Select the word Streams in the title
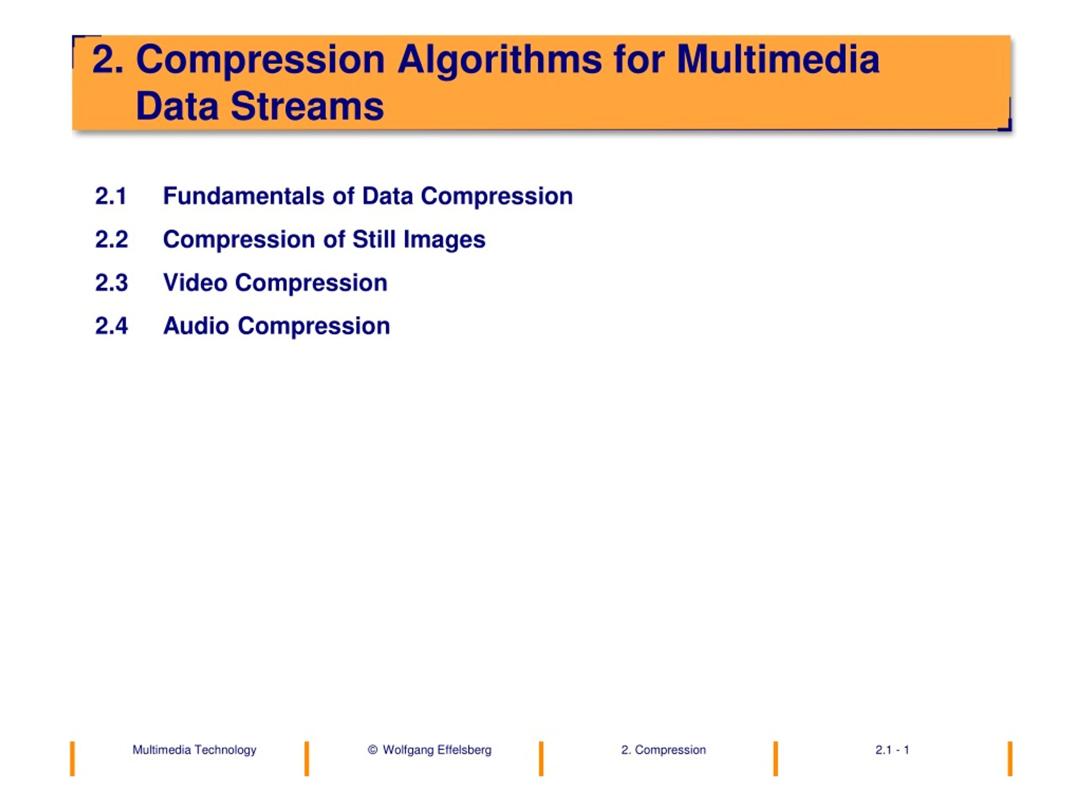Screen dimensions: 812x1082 (x=307, y=106)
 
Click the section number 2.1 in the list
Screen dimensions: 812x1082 (x=111, y=196)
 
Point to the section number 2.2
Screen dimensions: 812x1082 (x=112, y=240)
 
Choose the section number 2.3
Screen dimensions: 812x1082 (x=112, y=283)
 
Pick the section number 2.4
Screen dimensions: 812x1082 (x=112, y=326)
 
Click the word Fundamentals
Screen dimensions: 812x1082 (x=243, y=196)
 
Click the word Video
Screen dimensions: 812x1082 (x=195, y=283)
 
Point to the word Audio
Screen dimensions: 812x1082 (x=196, y=326)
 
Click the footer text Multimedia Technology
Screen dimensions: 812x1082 (x=194, y=750)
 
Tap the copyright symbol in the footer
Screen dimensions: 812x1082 (x=372, y=750)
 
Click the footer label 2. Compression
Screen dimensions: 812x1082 (x=663, y=750)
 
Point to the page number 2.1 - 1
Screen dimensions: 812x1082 (x=892, y=750)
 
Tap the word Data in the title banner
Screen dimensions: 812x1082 (x=177, y=106)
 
